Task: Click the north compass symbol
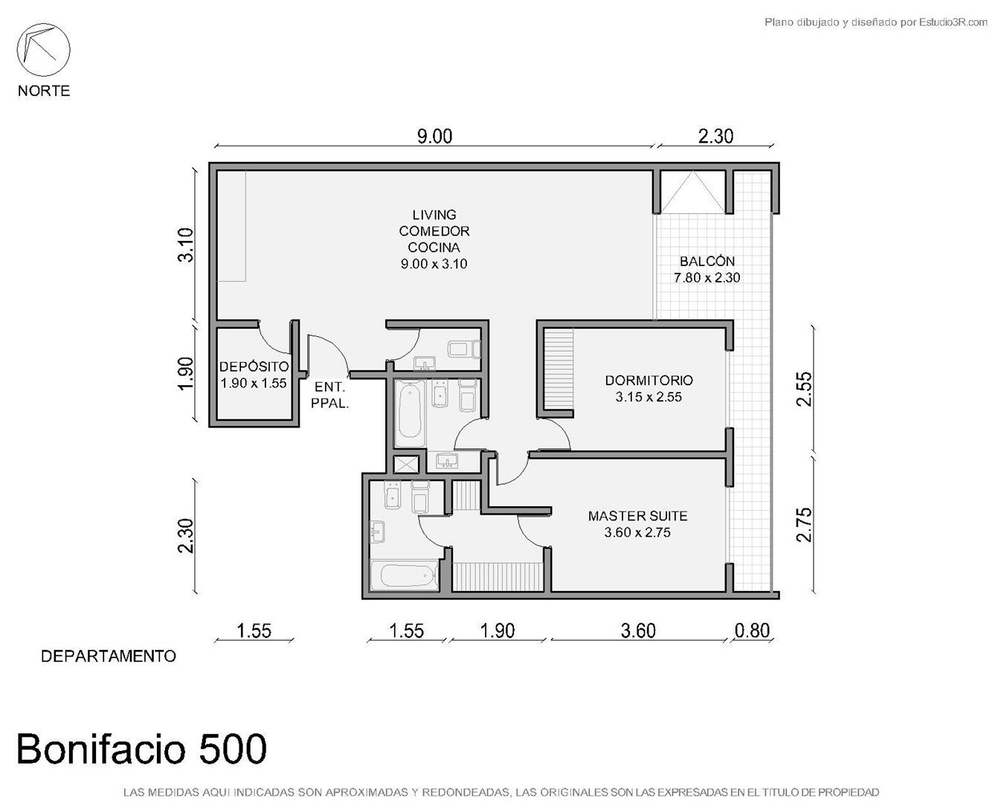point(43,50)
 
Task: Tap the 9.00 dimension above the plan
point(434,136)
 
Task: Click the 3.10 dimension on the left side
point(186,245)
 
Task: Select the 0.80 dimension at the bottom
point(752,631)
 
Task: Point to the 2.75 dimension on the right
point(805,524)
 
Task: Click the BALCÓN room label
point(707,261)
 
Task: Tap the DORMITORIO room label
point(649,380)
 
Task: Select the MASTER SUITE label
point(638,516)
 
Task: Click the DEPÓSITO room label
point(254,367)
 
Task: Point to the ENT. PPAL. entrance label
point(330,395)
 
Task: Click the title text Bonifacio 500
point(141,749)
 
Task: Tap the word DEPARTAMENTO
point(109,656)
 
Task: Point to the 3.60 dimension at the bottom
point(638,631)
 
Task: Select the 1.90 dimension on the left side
point(186,373)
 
